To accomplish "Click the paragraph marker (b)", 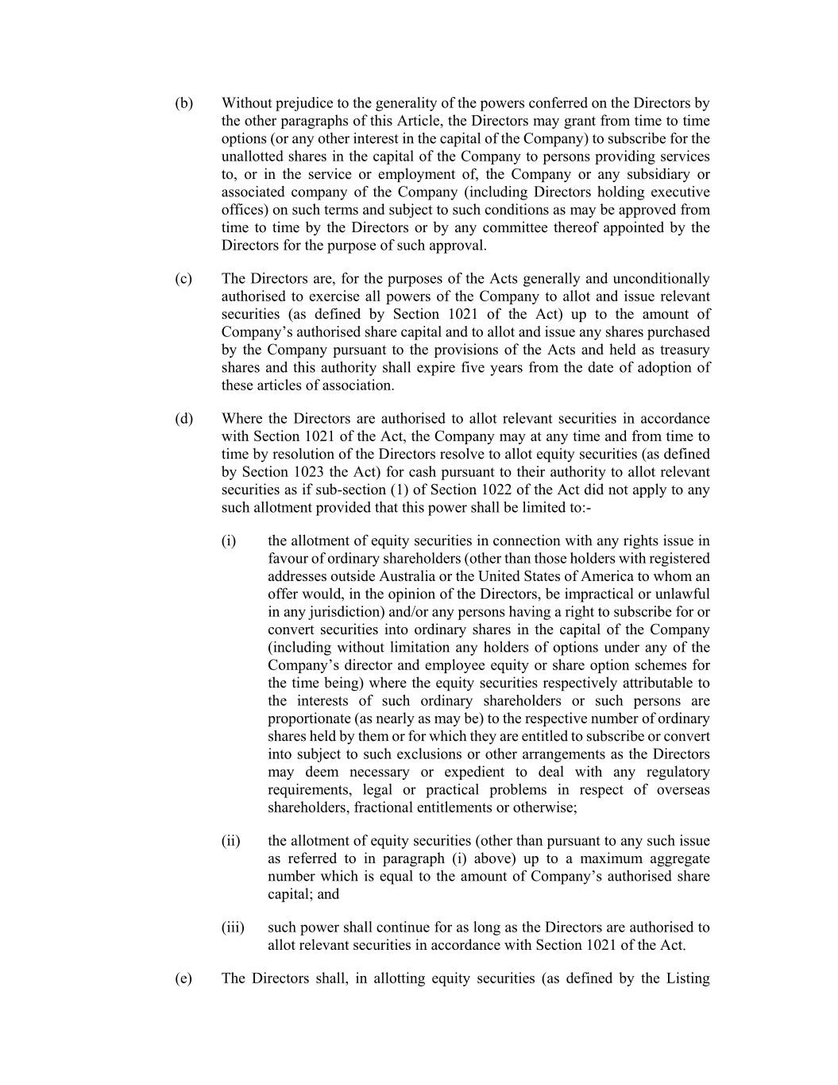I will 183,103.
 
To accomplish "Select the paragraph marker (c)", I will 183,279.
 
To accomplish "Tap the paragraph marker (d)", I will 183,419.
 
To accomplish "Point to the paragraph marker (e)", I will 183,978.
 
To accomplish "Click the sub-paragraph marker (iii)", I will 233,928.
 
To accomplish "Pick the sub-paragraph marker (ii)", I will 231,841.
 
